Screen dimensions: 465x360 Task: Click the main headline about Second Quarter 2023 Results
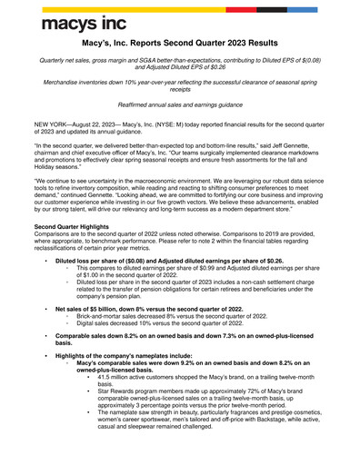click(x=179, y=44)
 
